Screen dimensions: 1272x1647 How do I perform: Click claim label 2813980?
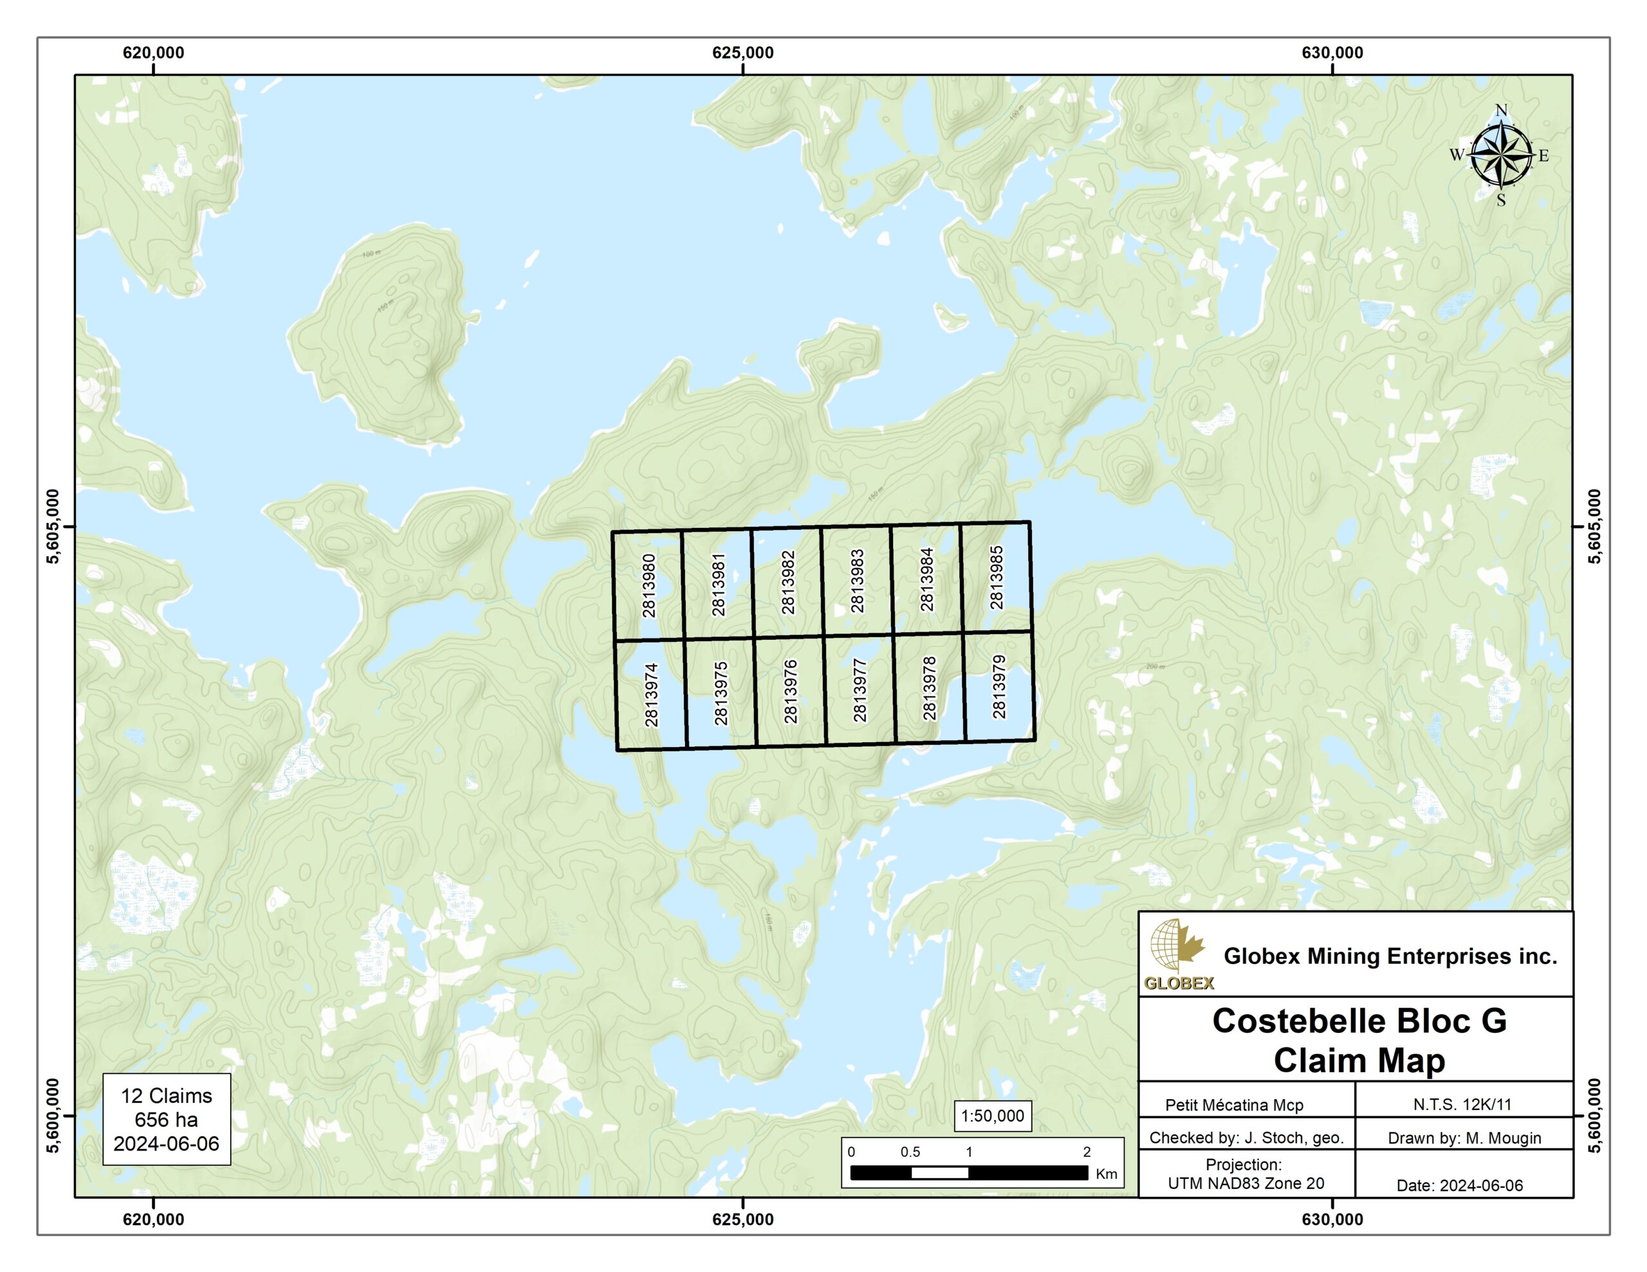649,586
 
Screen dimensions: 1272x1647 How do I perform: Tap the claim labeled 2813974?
652,695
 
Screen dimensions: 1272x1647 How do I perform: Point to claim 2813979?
999,686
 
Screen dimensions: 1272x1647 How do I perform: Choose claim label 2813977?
860,690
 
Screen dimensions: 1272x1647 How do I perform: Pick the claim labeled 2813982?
788,582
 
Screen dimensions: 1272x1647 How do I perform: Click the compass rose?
1501,156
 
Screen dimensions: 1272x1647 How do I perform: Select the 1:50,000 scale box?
993,1116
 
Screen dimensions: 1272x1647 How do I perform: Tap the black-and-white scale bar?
969,1172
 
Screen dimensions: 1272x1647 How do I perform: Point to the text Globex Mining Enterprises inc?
1390,956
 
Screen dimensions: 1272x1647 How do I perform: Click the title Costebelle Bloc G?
1359,1021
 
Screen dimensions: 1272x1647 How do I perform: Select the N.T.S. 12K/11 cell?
1462,1105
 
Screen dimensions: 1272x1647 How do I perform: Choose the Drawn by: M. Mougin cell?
1464,1138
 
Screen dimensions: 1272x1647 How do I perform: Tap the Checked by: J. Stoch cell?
1246,1138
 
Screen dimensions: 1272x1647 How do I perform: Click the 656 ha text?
166,1120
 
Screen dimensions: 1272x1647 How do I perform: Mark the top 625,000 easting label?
743,53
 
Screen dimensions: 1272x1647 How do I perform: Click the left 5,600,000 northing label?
53,1115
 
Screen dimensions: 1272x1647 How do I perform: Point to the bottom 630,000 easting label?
1332,1220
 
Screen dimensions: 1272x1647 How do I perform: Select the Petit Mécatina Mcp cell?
1234,1105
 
